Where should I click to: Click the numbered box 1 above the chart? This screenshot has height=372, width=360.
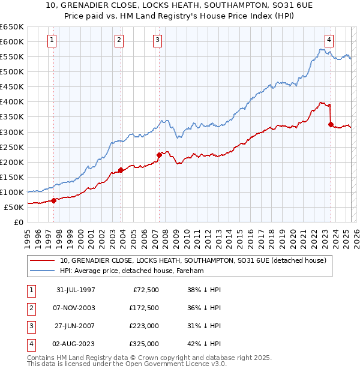53,40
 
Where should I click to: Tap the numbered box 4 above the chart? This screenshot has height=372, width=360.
329,40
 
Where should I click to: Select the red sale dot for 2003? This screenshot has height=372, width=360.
121,170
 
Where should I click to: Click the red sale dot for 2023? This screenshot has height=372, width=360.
331,124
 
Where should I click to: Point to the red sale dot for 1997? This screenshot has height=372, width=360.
54,200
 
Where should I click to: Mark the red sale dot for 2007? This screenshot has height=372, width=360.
159,155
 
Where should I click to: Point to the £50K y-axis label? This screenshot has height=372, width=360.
14,207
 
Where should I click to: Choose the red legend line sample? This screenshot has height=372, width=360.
42,260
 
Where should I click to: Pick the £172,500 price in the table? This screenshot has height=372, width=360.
144,308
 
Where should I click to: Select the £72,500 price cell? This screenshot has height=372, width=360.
146,290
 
